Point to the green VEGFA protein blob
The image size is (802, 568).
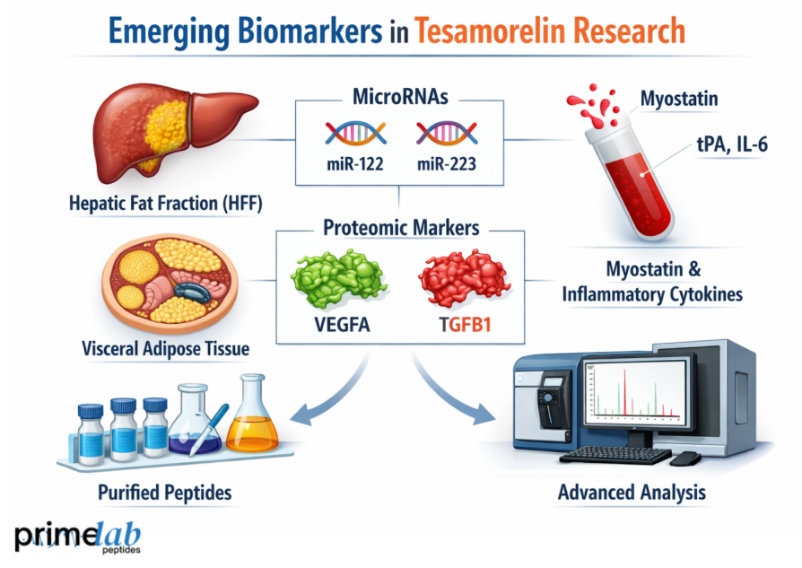pyautogui.click(x=338, y=279)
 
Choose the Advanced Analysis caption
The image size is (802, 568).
pyautogui.click(x=632, y=492)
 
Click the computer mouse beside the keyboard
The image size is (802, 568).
pyautogui.click(x=685, y=459)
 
